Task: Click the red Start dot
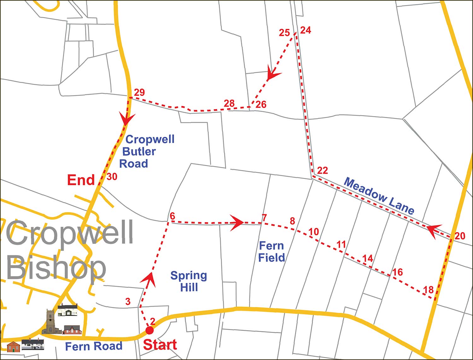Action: pos(149,330)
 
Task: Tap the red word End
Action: pos(81,180)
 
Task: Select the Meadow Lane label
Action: pos(379,196)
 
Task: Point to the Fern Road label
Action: pos(94,346)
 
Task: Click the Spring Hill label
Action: pos(189,281)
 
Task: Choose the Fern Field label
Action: pos(272,251)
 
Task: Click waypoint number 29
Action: pos(139,92)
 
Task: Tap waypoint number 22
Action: pos(322,170)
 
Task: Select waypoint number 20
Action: pos(460,236)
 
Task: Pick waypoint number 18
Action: pos(428,289)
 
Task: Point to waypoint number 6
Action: pos(172,216)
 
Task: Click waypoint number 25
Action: pos(284,32)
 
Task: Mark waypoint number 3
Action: pos(128,301)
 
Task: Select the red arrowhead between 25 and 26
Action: pos(272,74)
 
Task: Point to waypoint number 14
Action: pos(367,258)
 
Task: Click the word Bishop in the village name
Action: pos(56,268)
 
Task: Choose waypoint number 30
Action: pos(112,177)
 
